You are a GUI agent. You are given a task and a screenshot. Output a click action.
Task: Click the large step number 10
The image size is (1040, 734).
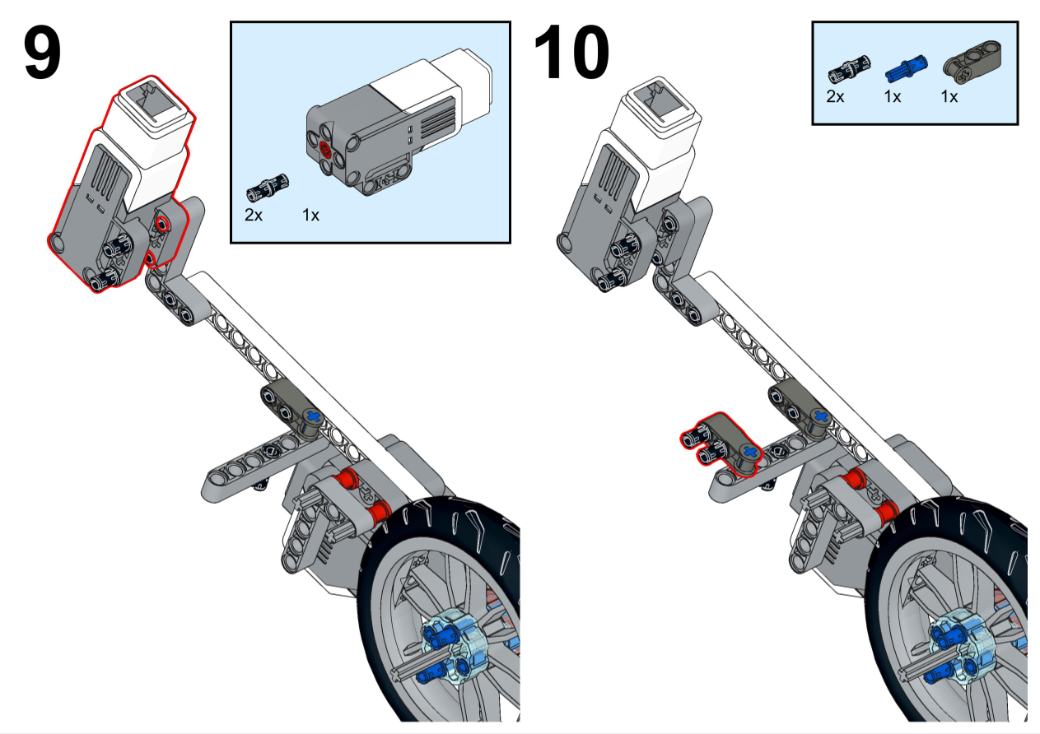[571, 54]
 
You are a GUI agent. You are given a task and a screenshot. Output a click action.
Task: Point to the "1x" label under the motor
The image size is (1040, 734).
[311, 216]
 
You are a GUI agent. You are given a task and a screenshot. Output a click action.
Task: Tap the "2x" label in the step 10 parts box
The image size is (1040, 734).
[835, 97]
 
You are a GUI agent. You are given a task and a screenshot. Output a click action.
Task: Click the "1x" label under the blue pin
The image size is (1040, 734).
[892, 97]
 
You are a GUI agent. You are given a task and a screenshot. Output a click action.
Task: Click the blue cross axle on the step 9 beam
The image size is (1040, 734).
[312, 417]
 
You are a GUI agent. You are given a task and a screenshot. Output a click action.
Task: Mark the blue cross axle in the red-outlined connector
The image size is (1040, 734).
[749, 452]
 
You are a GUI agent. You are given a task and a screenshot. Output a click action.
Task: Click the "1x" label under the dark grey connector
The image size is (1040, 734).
[949, 97]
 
